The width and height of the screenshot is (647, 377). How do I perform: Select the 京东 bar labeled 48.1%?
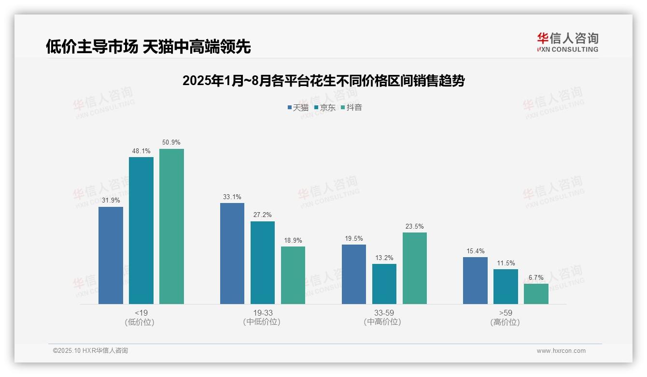point(141,231)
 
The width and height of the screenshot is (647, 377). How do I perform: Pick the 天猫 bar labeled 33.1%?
point(232,253)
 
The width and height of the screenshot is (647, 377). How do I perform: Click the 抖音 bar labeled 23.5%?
point(414,268)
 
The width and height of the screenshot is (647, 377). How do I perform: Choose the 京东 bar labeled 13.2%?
point(384,284)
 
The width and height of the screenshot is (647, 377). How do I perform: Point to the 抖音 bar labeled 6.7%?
point(536,294)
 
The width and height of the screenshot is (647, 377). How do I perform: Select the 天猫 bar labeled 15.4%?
point(475,280)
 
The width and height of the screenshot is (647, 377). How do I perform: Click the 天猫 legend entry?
point(298,107)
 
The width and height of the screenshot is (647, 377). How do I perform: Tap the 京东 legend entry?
point(324,107)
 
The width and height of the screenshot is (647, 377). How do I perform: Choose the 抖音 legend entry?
point(351,107)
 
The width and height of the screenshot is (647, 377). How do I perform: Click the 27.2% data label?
point(263,215)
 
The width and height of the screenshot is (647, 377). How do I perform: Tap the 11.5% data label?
point(506,263)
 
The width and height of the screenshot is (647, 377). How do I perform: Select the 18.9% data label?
point(293,240)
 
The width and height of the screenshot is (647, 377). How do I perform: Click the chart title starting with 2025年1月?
point(323,81)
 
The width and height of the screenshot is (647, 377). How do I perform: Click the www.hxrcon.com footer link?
point(561,351)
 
